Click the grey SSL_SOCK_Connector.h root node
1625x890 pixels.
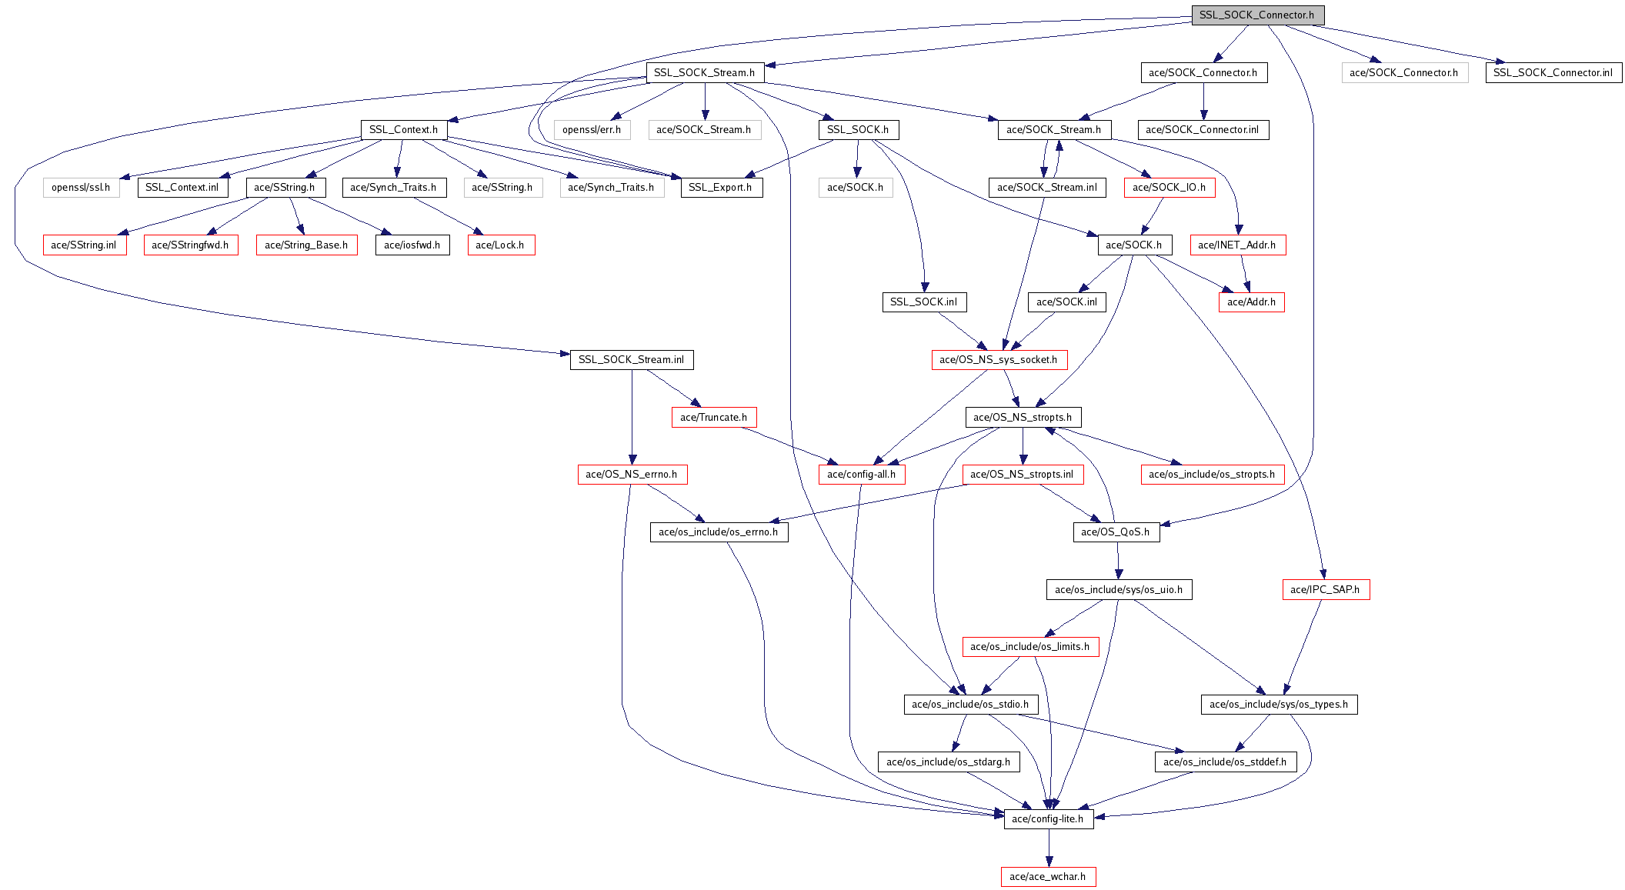1257,15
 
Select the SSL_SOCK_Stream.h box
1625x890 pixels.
704,72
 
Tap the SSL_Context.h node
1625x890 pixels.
403,129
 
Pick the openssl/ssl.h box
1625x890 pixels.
81,187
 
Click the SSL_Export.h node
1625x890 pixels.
720,187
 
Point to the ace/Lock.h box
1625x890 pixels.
500,245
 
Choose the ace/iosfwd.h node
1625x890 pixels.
412,245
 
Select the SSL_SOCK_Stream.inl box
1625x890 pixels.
631,359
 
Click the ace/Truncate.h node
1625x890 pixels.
713,417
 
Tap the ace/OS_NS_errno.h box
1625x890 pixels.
631,474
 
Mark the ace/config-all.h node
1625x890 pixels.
861,474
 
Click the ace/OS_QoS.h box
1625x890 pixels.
1115,532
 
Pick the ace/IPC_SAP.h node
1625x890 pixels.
1325,589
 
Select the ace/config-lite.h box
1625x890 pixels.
1047,818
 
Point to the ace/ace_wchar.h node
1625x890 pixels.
1047,876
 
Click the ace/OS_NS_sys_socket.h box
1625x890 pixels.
998,359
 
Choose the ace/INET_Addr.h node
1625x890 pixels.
1236,245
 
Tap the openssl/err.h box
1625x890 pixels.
592,129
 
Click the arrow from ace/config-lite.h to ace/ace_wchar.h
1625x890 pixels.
1048,847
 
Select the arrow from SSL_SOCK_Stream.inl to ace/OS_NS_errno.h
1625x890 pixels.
632,415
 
